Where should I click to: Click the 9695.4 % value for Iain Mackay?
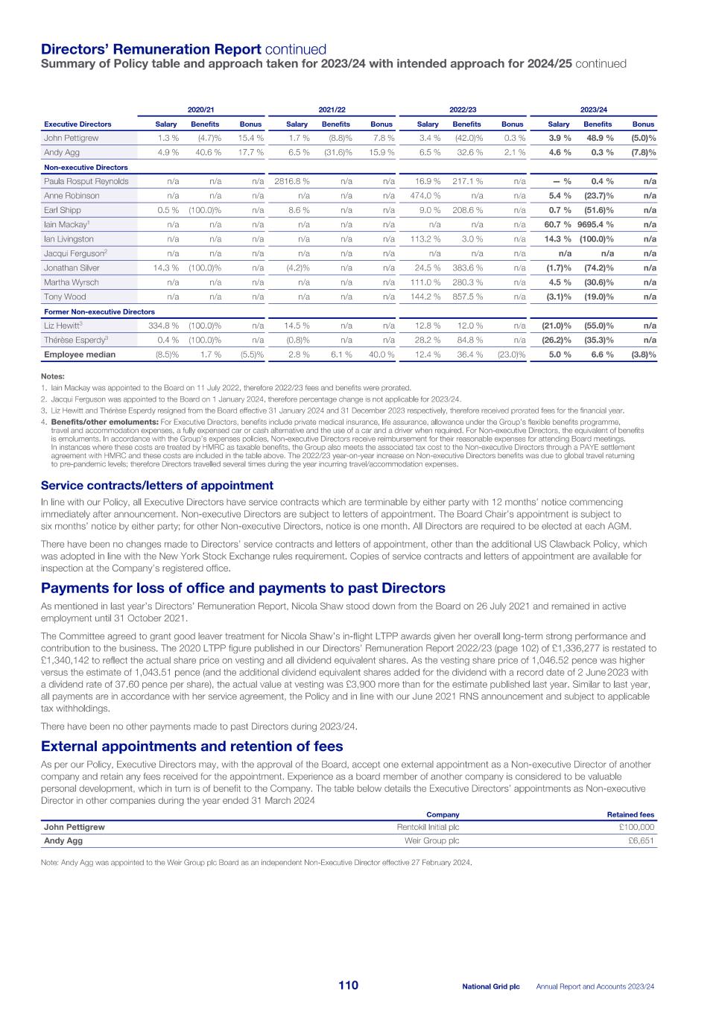[595, 225]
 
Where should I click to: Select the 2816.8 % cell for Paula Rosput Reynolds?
[291, 181]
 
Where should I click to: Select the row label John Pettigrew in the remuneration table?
[71, 138]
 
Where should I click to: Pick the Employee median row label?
[80, 355]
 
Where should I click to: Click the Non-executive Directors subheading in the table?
[86, 168]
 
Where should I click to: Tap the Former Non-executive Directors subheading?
[99, 311]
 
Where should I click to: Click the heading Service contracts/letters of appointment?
[157, 486]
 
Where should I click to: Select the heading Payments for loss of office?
[243, 589]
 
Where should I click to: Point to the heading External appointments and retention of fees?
[192, 747]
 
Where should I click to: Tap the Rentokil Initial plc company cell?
[428, 827]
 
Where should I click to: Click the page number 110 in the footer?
[348, 986]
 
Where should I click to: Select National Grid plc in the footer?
[490, 986]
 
